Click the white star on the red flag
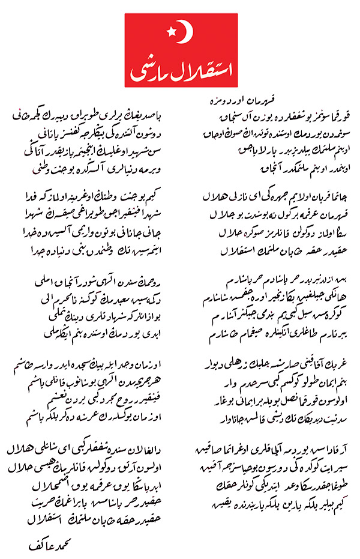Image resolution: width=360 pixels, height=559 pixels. tap(171, 28)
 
